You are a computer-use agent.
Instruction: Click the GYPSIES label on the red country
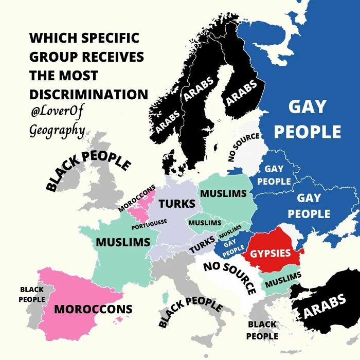271,253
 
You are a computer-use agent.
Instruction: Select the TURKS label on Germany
176,204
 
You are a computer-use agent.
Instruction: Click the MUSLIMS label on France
123,242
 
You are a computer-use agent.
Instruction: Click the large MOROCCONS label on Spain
93,309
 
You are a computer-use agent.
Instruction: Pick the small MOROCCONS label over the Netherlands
137,198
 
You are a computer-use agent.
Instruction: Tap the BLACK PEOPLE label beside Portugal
31,294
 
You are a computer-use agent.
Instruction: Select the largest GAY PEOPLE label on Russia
307,119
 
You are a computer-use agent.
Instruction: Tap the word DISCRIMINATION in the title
88,95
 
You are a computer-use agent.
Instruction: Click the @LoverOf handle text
57,111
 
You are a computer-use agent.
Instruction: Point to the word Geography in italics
57,129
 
